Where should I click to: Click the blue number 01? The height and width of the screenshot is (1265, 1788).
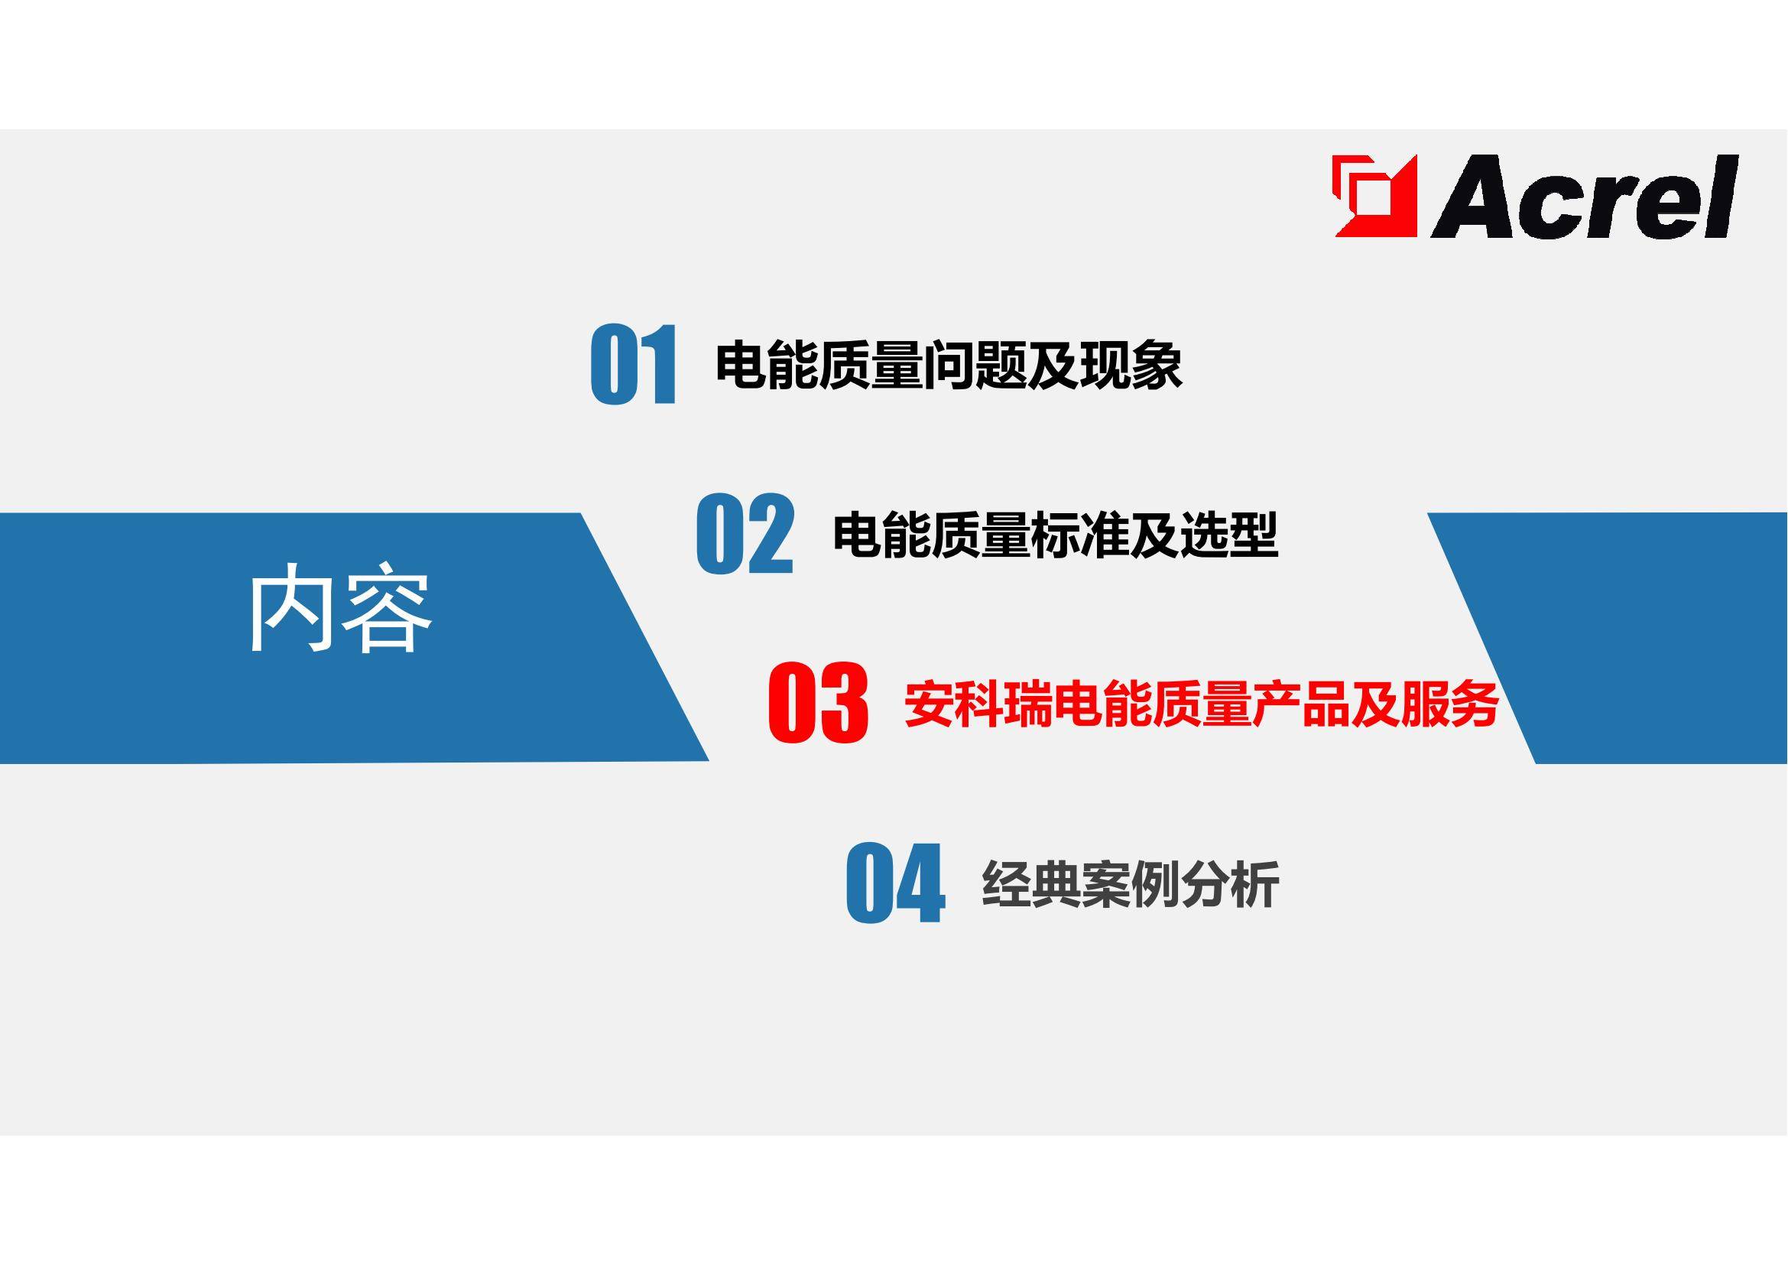pos(633,365)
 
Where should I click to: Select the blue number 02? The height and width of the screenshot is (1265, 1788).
pos(745,534)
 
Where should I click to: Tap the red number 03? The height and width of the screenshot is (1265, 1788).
pos(818,702)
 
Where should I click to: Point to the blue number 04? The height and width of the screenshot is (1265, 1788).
pos(895,883)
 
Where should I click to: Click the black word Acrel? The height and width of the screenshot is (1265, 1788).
pos(1585,197)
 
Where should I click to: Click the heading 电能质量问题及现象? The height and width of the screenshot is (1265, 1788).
pos(949,365)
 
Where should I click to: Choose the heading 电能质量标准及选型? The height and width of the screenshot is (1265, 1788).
pos(1055,535)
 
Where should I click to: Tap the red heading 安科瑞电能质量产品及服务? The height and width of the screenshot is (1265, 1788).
pos(1201,704)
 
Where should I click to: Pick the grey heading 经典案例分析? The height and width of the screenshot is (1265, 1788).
pos(1130,884)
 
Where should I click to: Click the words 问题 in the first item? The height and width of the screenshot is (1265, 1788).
pos(974,365)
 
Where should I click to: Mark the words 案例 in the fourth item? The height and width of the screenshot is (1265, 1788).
pos(1130,884)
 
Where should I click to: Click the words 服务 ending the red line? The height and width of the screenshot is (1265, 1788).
pos(1449,704)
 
